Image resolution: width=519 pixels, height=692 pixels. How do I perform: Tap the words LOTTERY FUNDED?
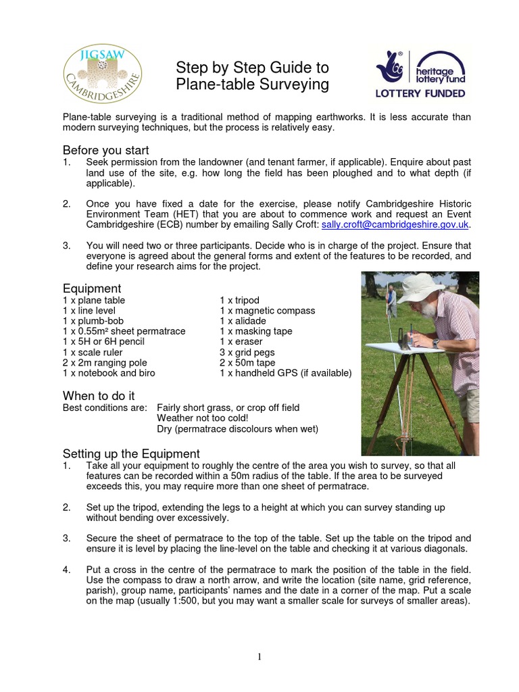click(420, 93)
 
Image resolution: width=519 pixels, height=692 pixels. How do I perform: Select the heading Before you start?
click(105, 150)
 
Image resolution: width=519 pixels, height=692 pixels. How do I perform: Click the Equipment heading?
click(91, 289)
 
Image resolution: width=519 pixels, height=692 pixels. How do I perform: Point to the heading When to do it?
click(99, 395)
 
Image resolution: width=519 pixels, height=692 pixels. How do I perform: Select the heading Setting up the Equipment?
click(131, 453)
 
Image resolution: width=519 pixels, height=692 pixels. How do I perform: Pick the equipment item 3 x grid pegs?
click(247, 352)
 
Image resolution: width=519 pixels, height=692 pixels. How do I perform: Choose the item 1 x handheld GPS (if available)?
click(285, 373)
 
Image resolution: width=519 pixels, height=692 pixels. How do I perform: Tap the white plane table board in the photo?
click(399, 349)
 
